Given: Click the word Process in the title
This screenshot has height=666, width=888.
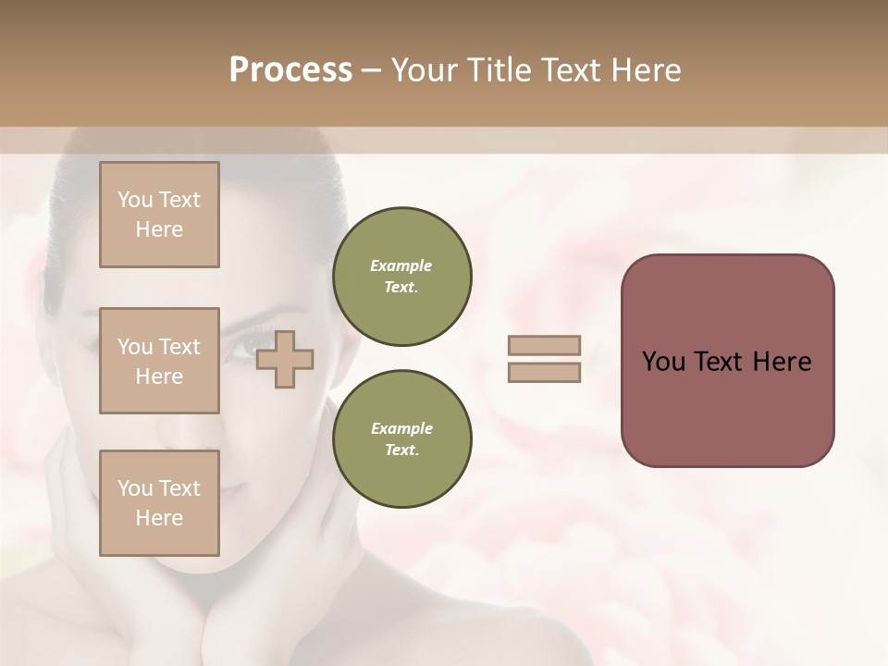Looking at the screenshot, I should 290,70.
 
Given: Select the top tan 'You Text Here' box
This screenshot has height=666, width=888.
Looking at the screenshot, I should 159,215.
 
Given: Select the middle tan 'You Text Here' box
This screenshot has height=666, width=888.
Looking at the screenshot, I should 159,361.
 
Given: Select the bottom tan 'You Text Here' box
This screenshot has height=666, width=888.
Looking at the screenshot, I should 159,503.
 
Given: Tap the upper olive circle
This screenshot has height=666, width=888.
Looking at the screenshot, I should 401,276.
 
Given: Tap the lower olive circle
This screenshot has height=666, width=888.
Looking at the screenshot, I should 401,438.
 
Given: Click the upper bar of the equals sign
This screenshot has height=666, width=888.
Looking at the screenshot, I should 544,345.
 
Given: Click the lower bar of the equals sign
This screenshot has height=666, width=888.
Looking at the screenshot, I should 544,372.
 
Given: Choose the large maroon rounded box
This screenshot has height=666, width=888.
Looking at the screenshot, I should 727,361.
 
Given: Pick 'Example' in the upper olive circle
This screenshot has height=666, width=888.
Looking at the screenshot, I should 401,265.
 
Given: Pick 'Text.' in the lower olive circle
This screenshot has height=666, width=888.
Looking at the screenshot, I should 401,450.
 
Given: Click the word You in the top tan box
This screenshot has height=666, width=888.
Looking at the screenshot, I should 134,200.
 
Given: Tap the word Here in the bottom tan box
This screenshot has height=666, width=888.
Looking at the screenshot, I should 159,518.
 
